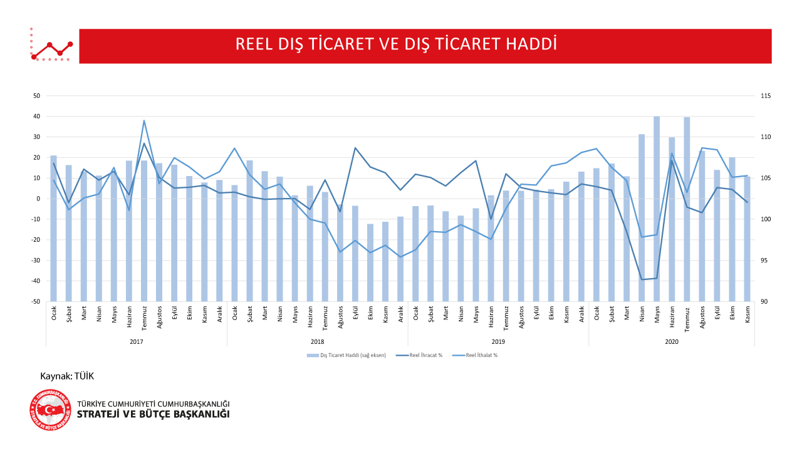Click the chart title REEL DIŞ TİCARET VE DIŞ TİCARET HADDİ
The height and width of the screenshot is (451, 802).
396,44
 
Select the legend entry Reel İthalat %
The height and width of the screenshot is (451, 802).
481,355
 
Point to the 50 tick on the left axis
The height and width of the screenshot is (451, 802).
36,96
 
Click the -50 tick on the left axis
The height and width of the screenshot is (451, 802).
36,301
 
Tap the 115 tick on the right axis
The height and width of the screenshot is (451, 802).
766,96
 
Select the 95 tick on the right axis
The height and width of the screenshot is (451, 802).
764,261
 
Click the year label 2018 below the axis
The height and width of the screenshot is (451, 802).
317,342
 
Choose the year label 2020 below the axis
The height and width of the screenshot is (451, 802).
672,342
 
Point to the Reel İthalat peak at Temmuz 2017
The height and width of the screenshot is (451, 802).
144,120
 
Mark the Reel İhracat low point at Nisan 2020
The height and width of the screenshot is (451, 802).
642,279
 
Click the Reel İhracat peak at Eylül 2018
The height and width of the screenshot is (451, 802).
355,148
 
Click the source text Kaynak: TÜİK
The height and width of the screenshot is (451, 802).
67,376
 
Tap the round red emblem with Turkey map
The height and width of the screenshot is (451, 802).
50,410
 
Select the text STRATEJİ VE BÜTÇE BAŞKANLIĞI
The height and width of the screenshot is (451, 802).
153,415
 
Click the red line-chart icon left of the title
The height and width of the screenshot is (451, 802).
51,45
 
